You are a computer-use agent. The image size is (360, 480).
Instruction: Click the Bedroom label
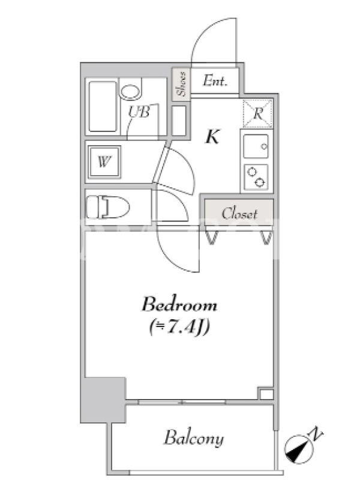click(x=179, y=305)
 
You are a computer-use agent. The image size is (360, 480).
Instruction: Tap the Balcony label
click(x=194, y=438)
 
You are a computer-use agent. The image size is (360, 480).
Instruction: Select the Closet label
click(x=239, y=214)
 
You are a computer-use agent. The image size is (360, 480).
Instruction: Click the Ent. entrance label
click(x=215, y=80)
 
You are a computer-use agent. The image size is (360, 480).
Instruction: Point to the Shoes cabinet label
click(x=181, y=84)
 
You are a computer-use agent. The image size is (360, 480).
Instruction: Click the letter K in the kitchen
click(x=213, y=137)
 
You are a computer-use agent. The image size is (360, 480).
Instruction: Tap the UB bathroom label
click(x=139, y=112)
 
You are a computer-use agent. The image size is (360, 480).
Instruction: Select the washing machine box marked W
click(x=104, y=162)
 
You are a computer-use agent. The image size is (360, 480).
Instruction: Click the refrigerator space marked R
click(x=258, y=113)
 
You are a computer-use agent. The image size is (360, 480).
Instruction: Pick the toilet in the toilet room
click(x=108, y=207)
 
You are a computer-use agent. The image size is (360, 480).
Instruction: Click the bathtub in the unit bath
click(x=103, y=107)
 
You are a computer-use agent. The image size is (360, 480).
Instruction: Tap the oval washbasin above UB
click(x=131, y=92)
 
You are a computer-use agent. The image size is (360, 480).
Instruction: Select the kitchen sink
click(x=256, y=146)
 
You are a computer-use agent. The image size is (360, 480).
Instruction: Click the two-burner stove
click(x=256, y=177)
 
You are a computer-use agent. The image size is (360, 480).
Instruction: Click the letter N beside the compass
click(x=317, y=434)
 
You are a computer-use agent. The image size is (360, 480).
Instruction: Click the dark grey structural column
click(x=103, y=400)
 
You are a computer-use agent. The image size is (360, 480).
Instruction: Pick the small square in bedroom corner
click(x=266, y=394)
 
